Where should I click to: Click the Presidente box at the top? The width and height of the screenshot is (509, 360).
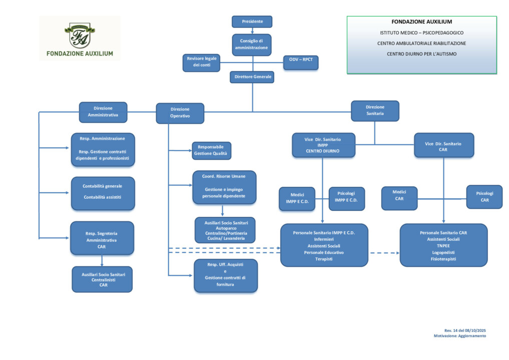point(252,22)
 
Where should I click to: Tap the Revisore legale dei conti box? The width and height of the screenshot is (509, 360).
point(202,62)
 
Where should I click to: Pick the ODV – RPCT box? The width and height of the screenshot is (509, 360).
point(300,62)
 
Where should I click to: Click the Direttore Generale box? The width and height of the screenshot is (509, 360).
point(252,77)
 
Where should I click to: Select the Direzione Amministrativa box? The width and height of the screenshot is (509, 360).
point(103,112)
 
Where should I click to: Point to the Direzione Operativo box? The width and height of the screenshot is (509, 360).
point(180,113)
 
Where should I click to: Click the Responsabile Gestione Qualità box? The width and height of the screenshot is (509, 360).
point(212,151)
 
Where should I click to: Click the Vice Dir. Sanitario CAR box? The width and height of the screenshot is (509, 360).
point(443,146)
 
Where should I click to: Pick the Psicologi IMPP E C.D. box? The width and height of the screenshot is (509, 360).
point(346,199)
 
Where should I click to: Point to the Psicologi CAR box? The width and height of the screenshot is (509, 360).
point(484,197)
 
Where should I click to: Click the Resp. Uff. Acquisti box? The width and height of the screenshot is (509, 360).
point(225,275)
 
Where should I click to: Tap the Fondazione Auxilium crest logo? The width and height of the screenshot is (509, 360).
point(80,35)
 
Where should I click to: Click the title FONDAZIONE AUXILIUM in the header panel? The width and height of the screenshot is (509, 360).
point(421,22)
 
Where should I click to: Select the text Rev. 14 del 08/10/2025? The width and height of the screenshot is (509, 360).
point(465,330)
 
